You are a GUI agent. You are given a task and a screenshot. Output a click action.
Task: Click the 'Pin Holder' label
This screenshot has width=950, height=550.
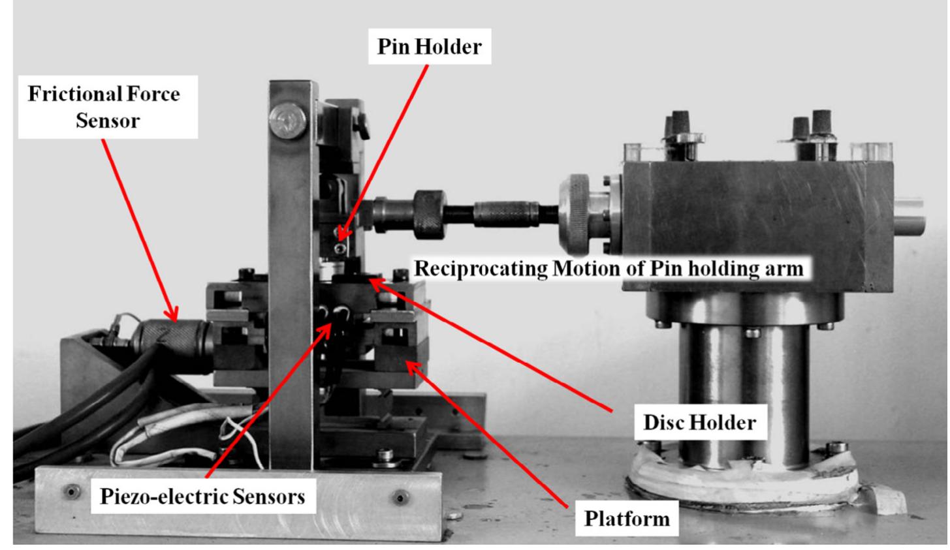click(x=430, y=47)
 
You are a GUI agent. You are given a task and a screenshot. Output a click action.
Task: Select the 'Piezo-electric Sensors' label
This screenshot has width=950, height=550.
click(x=202, y=497)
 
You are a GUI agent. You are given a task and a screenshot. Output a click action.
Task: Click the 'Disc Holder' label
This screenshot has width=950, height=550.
click(x=699, y=422)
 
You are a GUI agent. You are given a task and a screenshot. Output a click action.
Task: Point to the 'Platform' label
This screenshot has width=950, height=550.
click(x=626, y=518)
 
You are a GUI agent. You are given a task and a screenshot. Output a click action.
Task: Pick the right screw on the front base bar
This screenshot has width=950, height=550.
click(x=400, y=498)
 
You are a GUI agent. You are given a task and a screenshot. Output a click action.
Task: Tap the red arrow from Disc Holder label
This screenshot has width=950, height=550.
click(x=490, y=346)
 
